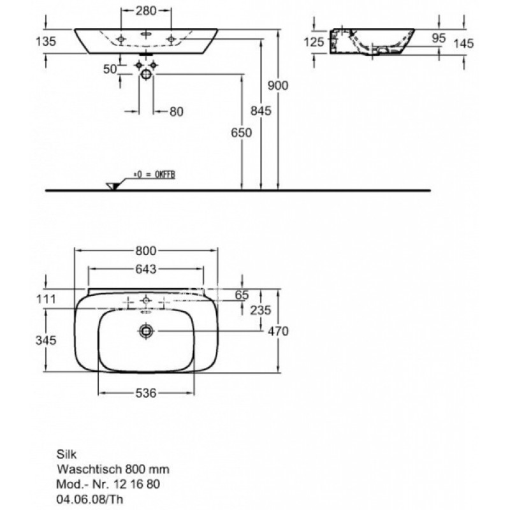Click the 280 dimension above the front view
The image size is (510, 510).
146,11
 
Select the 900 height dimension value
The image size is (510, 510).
278,85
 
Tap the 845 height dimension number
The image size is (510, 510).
261,111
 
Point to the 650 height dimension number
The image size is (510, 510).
242,133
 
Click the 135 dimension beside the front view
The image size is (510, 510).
46,41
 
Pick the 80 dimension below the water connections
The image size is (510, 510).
177,112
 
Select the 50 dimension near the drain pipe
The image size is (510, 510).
110,69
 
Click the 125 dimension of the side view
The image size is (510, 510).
314,42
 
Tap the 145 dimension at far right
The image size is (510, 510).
463,43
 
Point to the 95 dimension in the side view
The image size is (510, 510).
439,38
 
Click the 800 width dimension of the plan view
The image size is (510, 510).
146,251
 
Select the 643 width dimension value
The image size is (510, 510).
146,269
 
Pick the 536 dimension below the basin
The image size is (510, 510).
146,393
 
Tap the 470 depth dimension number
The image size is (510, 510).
278,331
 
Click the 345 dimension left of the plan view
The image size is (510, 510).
46,340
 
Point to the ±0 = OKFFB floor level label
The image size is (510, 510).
154,175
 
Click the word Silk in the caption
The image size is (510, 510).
67,454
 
